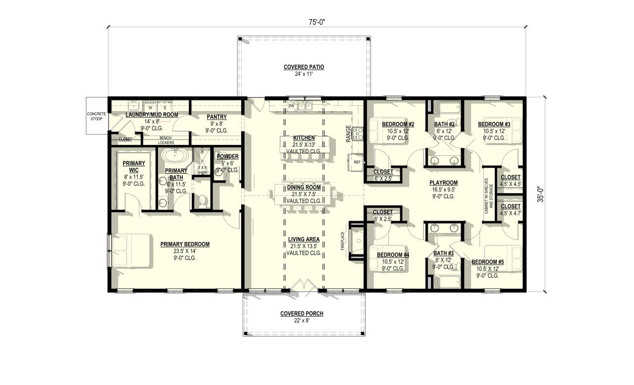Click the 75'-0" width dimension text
[317, 22]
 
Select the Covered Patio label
[304, 67]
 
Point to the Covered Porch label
[302, 314]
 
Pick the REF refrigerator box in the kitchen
[357, 162]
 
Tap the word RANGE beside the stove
[349, 134]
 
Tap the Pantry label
[216, 117]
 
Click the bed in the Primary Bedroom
[131, 250]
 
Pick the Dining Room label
[304, 188]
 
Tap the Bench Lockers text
[166, 140]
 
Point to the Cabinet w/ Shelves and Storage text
[489, 196]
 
